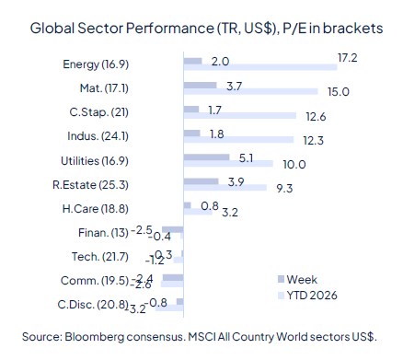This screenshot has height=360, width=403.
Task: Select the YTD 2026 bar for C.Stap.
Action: (x=240, y=117)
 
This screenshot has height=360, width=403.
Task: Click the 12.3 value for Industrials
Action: (x=316, y=140)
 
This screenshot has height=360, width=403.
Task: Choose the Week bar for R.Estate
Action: (x=201, y=180)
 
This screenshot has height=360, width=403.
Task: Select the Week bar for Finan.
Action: (x=173, y=228)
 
